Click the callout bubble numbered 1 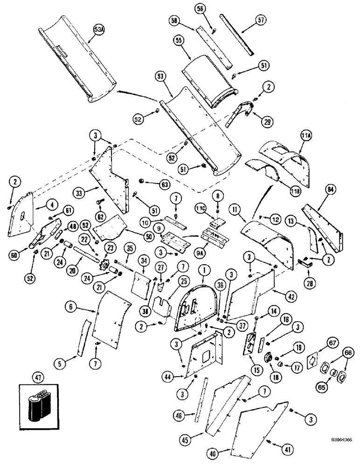[x=203, y=269]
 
